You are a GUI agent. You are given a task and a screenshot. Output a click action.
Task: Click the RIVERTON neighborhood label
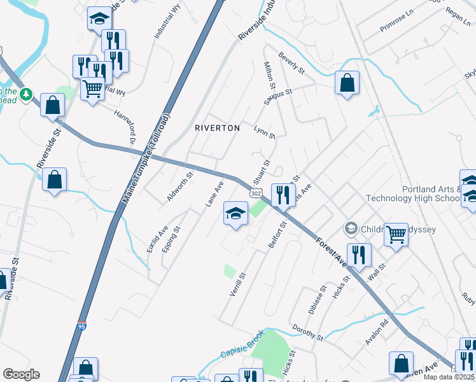pos(217,128)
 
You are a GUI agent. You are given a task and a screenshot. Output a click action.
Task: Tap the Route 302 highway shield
pos(256,192)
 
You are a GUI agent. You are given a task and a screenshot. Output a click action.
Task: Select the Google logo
pos(21,374)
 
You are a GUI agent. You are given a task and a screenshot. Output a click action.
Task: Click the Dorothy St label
pos(308,331)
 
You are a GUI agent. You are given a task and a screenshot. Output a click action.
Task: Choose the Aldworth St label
pos(179,187)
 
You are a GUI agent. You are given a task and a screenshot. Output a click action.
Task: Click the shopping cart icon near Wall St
pos(396,234)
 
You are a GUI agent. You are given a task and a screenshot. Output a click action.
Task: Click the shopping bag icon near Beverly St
pos(347,83)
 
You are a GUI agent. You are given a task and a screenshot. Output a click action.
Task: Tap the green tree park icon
pos(26,95)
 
